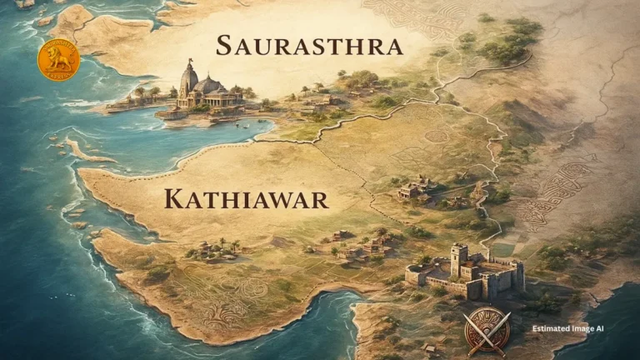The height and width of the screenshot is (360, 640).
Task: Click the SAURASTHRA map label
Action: [309, 46]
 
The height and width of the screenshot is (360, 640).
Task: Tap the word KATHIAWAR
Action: [246, 199]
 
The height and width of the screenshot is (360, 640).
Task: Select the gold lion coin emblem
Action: [58, 60]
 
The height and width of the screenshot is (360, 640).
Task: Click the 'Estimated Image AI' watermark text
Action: [568, 328]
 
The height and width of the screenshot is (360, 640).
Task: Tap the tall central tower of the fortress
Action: [458, 259]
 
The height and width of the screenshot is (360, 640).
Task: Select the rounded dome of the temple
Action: [208, 84]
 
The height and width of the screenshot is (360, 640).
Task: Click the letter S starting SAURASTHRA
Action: [223, 46]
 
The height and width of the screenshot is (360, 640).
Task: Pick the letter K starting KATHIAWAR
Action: [173, 199]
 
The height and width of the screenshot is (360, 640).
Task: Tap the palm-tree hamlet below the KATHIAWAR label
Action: [218, 248]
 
